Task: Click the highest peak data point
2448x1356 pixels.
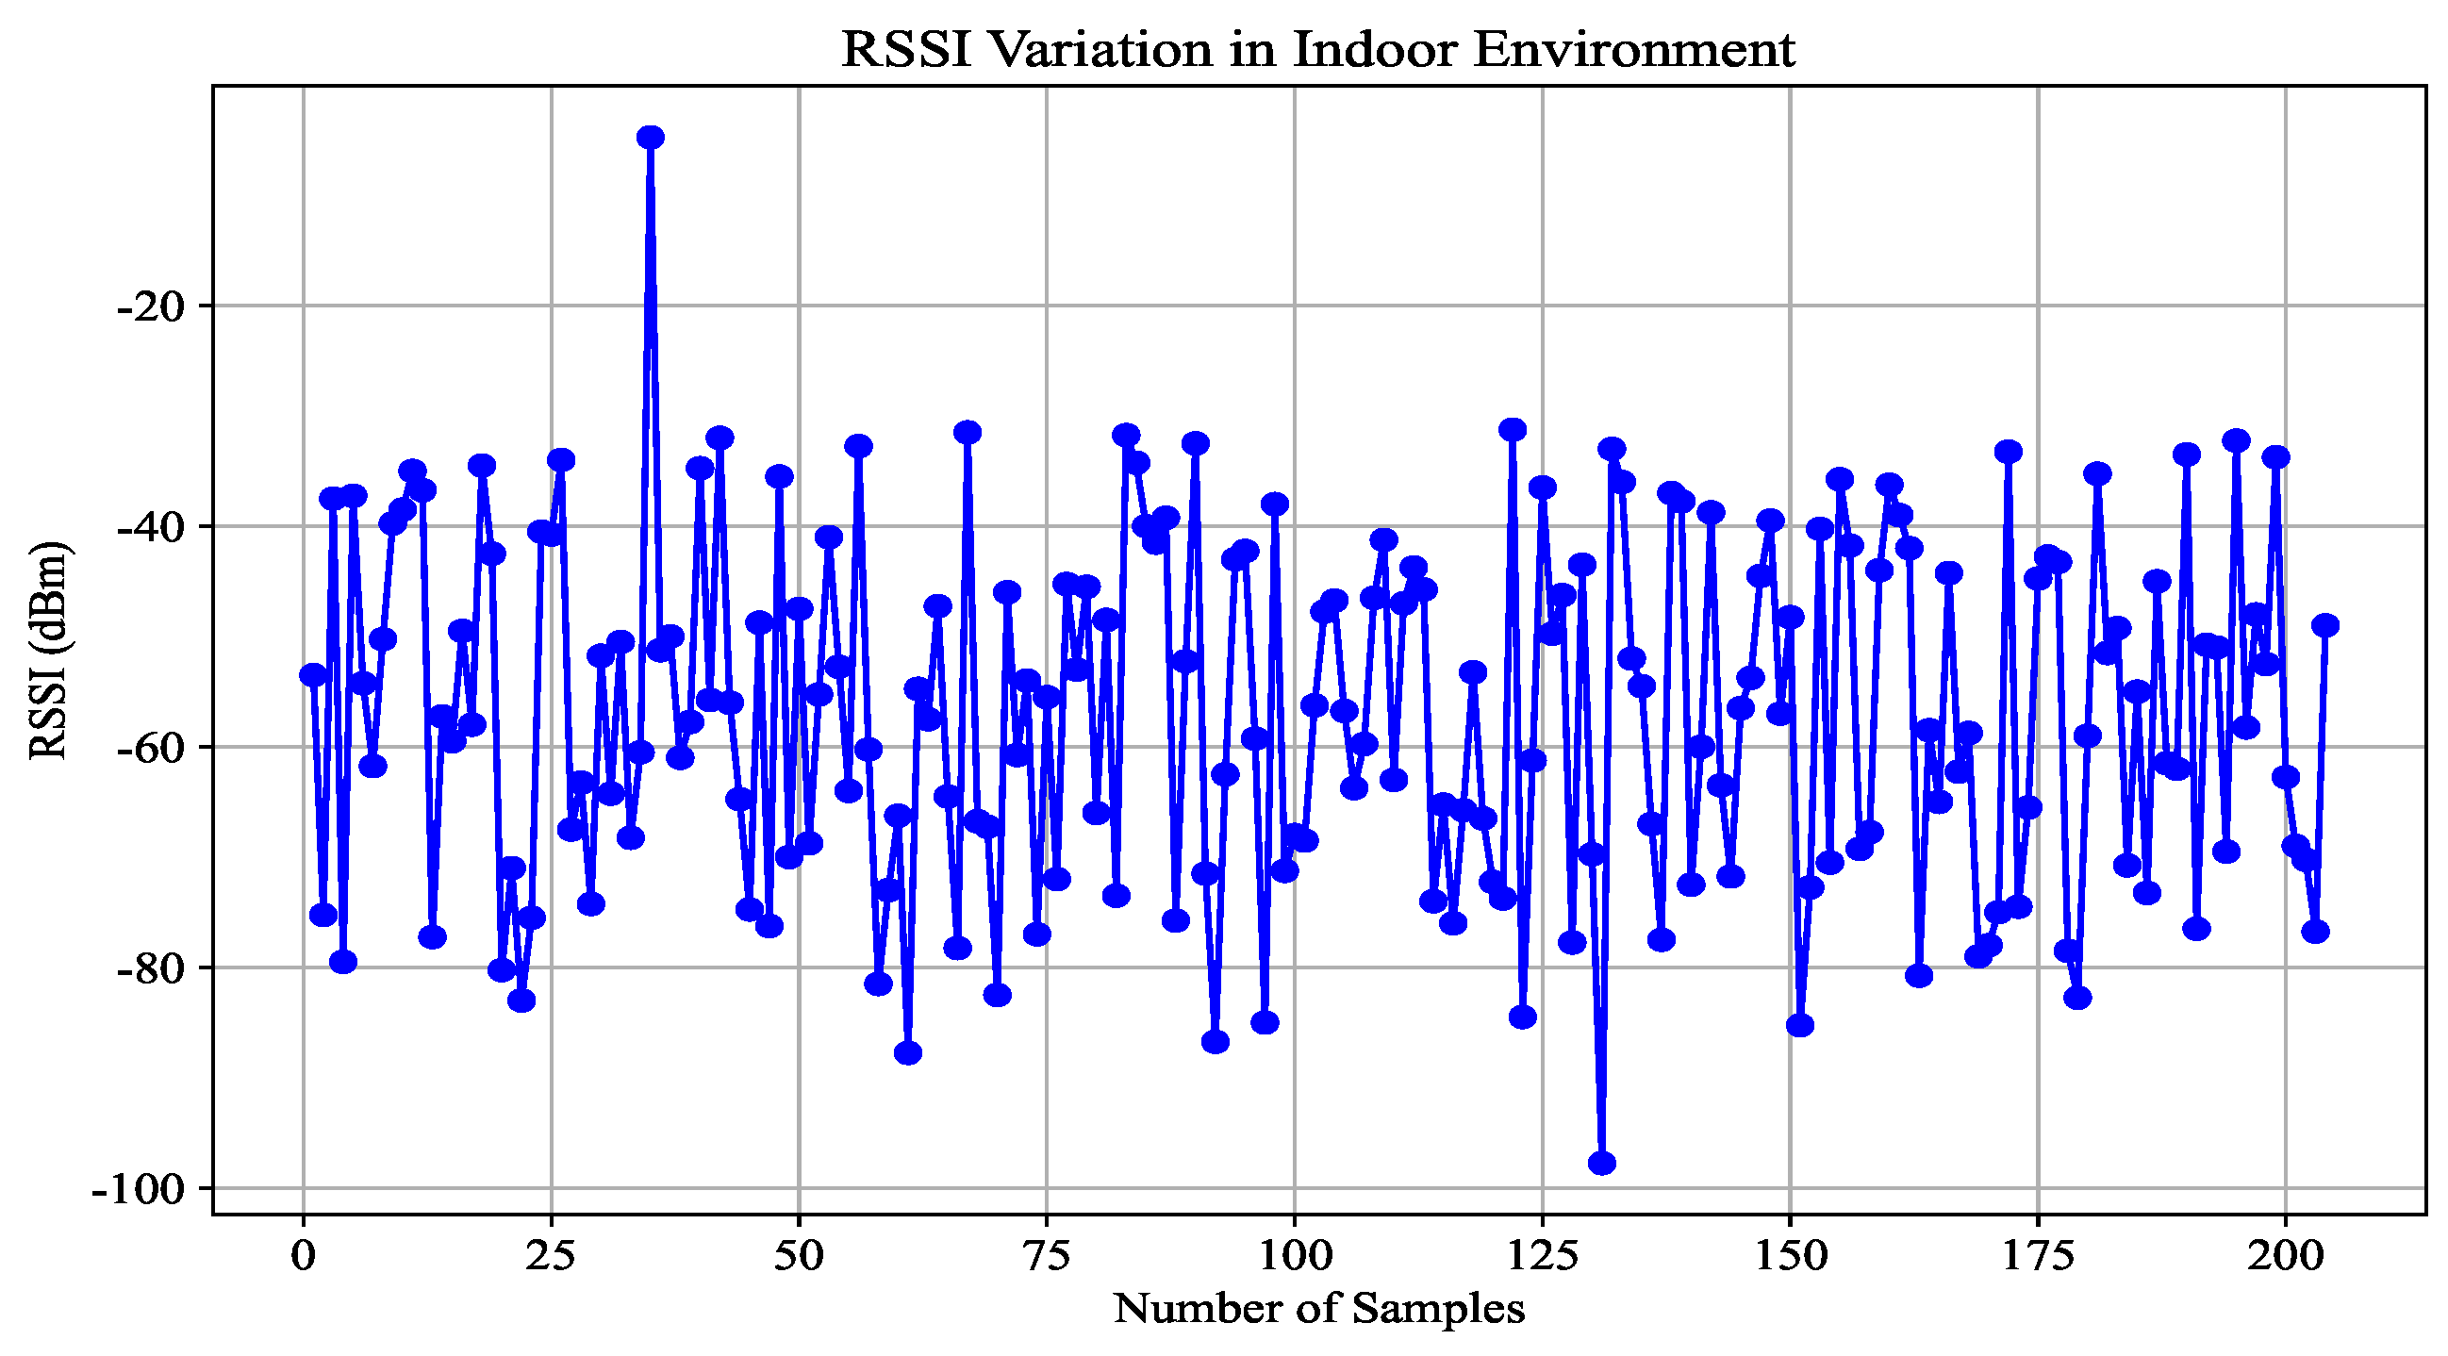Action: [650, 137]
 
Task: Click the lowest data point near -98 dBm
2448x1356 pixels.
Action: [1602, 1163]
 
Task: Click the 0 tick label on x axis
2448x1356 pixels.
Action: [303, 1256]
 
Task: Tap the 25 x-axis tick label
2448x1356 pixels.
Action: [552, 1256]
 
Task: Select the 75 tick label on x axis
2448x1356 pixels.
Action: [1047, 1256]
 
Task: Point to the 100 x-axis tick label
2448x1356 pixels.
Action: [1295, 1256]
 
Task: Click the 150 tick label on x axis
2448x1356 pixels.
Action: [1791, 1256]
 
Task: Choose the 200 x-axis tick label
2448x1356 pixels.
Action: [2286, 1256]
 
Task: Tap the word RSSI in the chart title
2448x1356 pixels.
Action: [905, 49]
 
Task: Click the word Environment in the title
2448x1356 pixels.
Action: [1633, 49]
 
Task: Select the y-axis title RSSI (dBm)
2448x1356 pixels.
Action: [48, 651]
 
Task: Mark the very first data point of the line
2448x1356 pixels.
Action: [313, 674]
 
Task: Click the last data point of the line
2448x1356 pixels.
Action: [2325, 625]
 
